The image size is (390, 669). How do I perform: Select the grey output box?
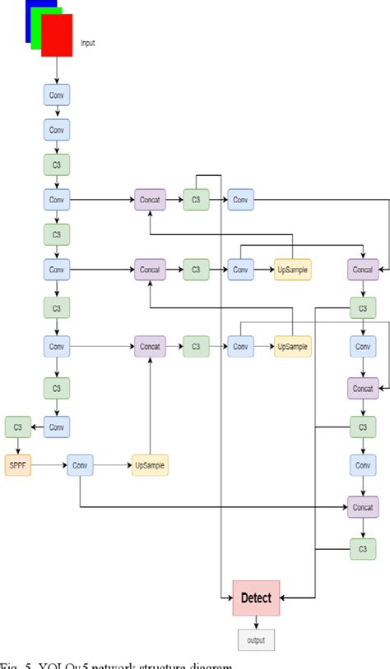click(257, 639)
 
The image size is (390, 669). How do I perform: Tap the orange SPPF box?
click(17, 465)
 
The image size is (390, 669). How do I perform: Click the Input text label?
click(88, 43)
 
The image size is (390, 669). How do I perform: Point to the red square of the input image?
click(57, 35)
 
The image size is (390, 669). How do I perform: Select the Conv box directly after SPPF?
click(80, 465)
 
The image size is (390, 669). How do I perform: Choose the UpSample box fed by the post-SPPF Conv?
click(149, 465)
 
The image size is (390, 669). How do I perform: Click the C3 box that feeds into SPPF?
click(17, 426)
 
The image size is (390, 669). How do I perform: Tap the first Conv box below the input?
click(56, 95)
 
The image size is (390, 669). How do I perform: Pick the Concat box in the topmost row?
click(150, 199)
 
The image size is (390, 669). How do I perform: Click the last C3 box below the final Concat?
click(362, 548)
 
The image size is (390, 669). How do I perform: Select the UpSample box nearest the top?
click(293, 269)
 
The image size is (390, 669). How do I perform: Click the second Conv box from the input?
click(56, 130)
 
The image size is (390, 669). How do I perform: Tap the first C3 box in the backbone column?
click(56, 164)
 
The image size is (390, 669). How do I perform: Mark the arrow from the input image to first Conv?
click(56, 70)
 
